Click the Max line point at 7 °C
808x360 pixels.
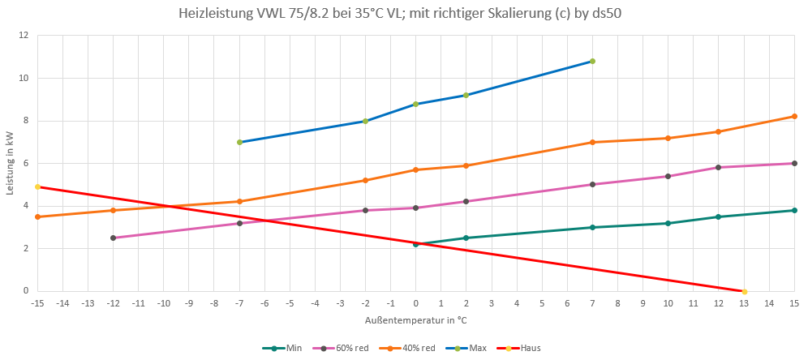click(x=592, y=61)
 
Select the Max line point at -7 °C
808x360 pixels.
click(x=239, y=142)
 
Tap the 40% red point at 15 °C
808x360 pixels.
click(x=794, y=116)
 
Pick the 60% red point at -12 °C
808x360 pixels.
click(x=113, y=238)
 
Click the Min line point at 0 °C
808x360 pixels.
click(x=415, y=244)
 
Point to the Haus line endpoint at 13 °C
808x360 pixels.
click(x=744, y=291)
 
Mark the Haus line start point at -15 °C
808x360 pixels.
click(x=37, y=186)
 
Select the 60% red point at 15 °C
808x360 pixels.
click(x=794, y=163)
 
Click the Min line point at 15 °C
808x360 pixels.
click(x=794, y=210)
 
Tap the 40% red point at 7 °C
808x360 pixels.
click(x=592, y=142)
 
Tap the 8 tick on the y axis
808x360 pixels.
click(x=25, y=121)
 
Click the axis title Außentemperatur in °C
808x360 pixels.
click(x=415, y=321)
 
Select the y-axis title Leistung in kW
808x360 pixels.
click(x=10, y=163)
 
